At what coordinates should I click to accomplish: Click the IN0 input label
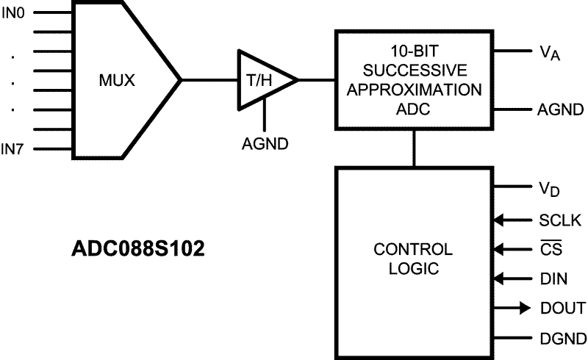12,12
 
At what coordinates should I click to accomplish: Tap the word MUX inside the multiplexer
118,80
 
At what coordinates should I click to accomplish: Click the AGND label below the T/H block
265,143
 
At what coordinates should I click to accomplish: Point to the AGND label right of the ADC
560,111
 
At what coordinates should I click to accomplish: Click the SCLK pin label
559,219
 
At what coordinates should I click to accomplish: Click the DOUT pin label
561,308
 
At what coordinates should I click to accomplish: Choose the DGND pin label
561,337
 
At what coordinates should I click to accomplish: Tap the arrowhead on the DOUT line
522,308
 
